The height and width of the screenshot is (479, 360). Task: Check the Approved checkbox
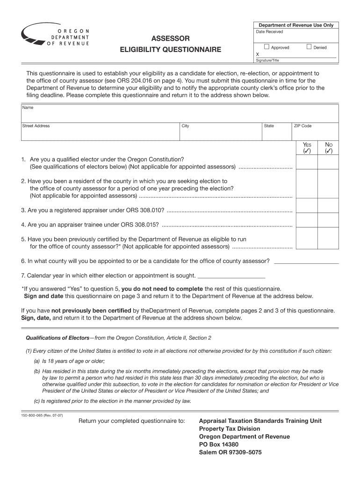click(266, 47)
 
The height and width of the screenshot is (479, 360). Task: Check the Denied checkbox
click(309, 47)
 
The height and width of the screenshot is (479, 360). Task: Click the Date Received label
click(269, 32)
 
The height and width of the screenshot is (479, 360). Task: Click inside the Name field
click(180, 114)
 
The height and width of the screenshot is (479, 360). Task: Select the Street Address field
click(100, 132)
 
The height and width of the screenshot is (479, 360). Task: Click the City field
click(221, 132)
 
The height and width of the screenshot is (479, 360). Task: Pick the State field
click(276, 132)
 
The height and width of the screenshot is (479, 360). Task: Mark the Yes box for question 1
click(307, 162)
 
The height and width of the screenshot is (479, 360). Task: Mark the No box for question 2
click(328, 183)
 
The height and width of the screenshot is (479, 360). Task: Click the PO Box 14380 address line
click(219, 444)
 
